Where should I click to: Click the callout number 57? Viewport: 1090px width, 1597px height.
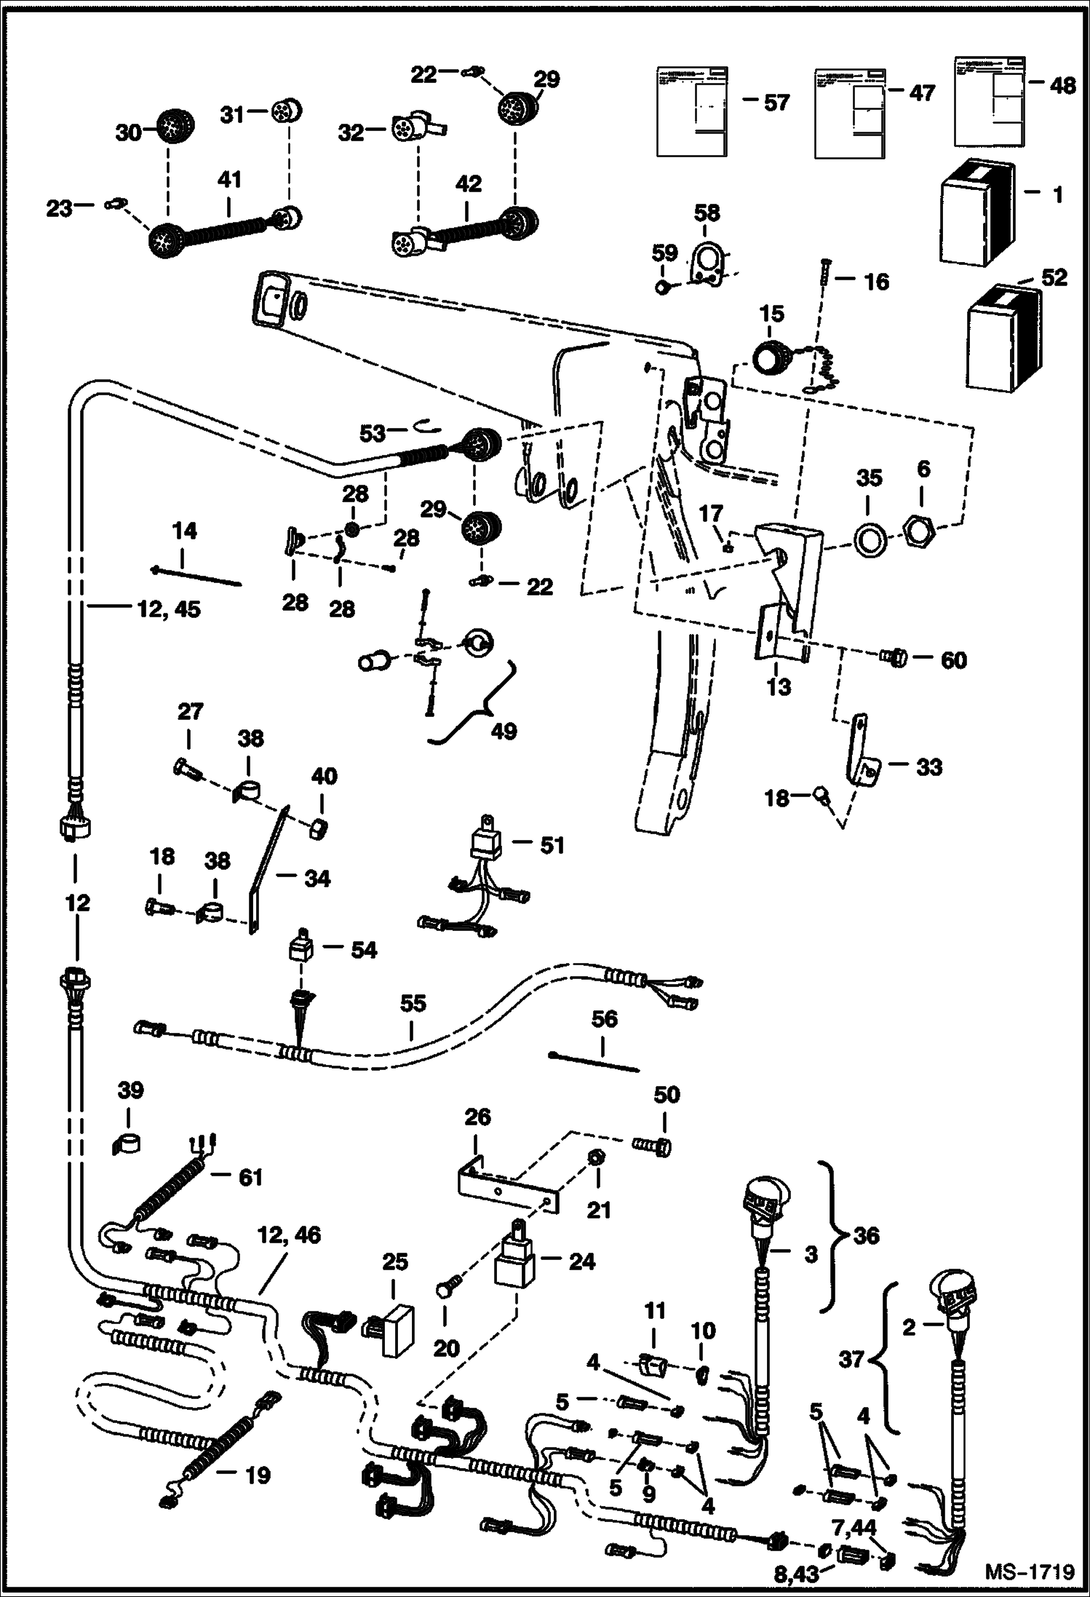click(x=776, y=102)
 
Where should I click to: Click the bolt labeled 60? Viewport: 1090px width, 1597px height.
click(x=893, y=658)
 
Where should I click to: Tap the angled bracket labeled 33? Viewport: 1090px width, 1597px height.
click(x=860, y=761)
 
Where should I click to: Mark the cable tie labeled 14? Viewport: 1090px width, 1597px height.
click(x=196, y=575)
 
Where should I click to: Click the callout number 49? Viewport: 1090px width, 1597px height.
click(x=504, y=730)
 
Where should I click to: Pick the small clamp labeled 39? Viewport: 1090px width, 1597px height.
click(x=127, y=1144)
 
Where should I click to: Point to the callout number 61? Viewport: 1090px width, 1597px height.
click(x=250, y=1177)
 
